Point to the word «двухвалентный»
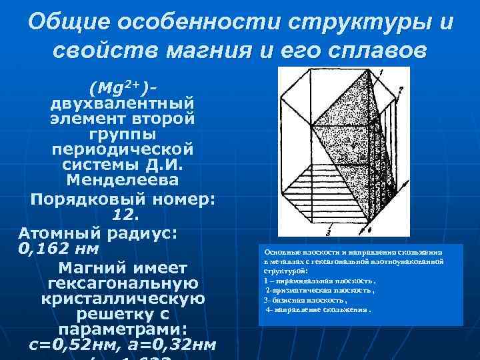tap(123, 104)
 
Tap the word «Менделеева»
tap(123, 180)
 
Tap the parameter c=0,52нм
tap(69, 346)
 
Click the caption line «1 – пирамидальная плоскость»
tap(319, 281)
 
